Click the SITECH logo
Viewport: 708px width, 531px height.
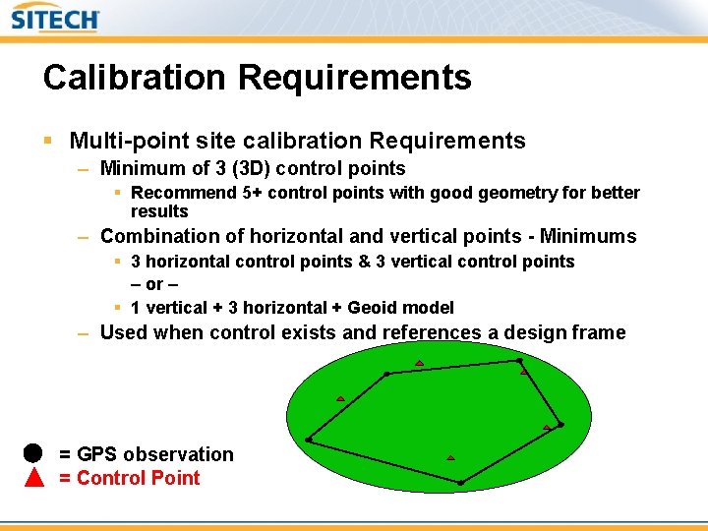pyautogui.click(x=55, y=19)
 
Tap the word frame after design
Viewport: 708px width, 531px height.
pyautogui.click(x=598, y=332)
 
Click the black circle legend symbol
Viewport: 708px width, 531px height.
pyautogui.click(x=33, y=453)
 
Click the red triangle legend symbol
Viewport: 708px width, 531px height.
pyautogui.click(x=33, y=478)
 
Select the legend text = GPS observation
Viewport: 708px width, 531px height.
pyautogui.click(x=147, y=454)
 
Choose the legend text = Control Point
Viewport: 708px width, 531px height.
pyautogui.click(x=130, y=478)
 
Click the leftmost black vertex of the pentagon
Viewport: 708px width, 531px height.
pyautogui.click(x=309, y=440)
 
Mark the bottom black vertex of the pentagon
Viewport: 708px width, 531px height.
pyautogui.click(x=460, y=483)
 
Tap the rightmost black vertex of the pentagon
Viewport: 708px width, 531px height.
pyautogui.click(x=560, y=425)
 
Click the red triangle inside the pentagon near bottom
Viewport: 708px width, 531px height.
pyautogui.click(x=450, y=458)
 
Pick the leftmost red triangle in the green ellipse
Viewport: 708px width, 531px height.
pyautogui.click(x=340, y=399)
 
